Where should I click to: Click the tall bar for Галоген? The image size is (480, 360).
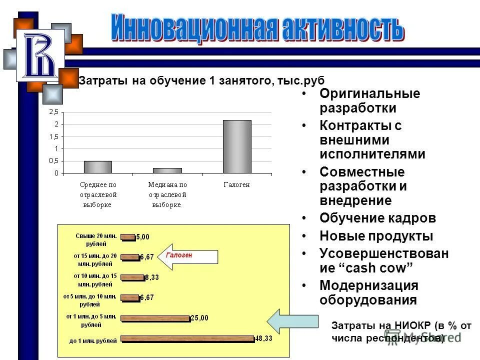pos(237,146)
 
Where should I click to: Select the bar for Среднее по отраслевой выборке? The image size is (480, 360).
pos(98,167)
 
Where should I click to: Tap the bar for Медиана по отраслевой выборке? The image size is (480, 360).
pos(167,170)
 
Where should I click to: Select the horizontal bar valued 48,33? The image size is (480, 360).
pos(187,338)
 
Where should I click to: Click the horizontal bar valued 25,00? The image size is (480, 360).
pos(155,318)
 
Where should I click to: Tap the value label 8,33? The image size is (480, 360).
pos(152,277)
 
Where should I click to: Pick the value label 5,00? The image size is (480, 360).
pos(143,237)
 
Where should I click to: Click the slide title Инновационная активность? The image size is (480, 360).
pos(256,29)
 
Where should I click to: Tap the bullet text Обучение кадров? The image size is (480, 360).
pos(377,218)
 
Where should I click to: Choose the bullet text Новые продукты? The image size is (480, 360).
pos(376,236)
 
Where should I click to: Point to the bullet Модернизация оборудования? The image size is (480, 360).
pos(368,292)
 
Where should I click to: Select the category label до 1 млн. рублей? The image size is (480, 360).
pos(93,341)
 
